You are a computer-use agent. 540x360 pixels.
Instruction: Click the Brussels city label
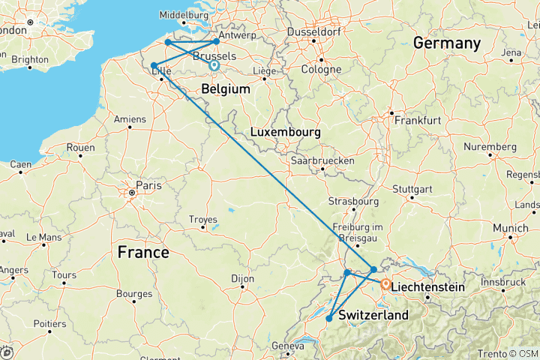pos(214,56)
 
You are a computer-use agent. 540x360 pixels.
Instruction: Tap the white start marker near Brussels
pos(214,66)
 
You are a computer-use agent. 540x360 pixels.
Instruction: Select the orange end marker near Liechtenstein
pos(385,285)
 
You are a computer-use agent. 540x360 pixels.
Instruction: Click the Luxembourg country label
pos(285,132)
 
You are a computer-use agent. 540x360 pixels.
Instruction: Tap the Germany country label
pos(446,43)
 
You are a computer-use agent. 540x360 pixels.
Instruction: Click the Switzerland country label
pos(373,315)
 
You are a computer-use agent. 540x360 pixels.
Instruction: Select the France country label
pos(143,253)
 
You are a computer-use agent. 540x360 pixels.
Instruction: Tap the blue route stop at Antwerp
pos(217,41)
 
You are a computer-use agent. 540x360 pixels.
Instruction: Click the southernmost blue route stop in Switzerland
pos(329,319)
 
